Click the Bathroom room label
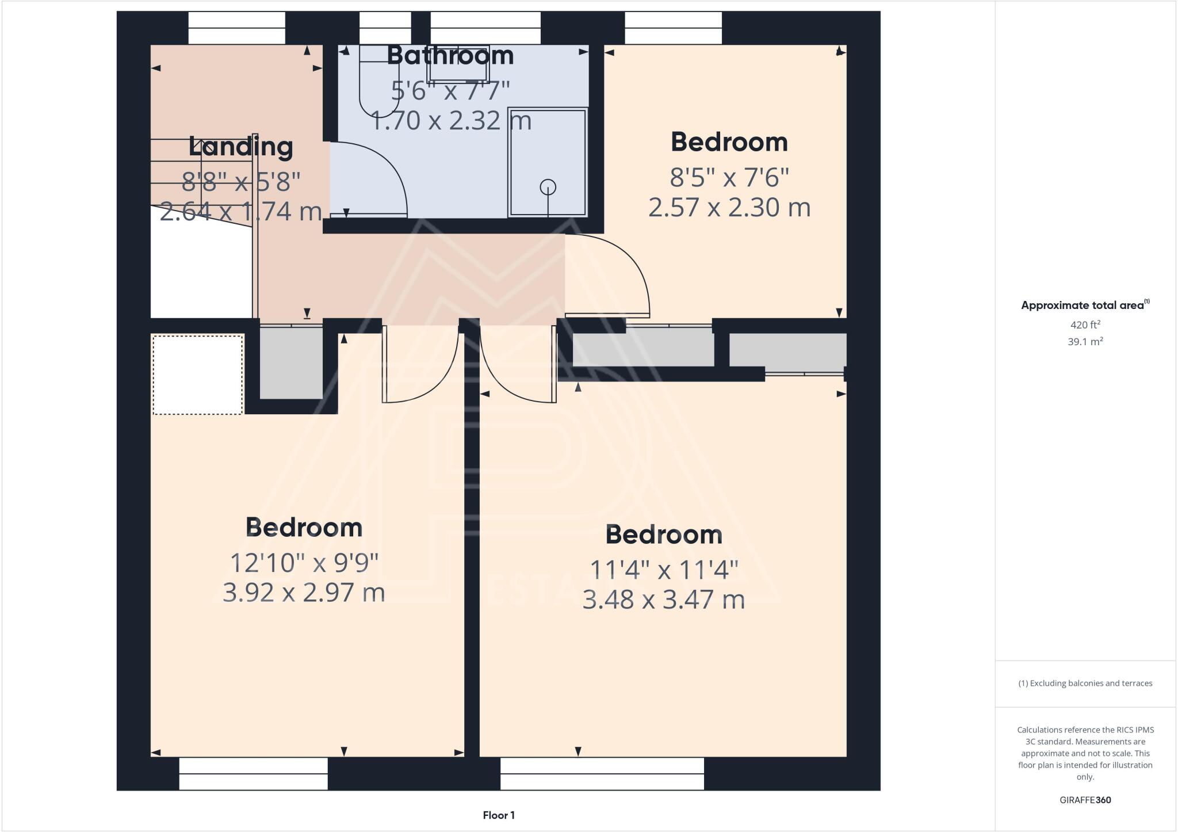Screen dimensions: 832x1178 click(450, 55)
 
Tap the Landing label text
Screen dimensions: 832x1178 click(240, 147)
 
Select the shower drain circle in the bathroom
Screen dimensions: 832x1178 click(548, 187)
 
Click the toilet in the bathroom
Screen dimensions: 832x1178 click(376, 81)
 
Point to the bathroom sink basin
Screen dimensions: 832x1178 click(458, 63)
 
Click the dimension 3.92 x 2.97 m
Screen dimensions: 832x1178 click(304, 593)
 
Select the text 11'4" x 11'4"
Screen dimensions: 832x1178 click(664, 570)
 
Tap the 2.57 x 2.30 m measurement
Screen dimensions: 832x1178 click(729, 207)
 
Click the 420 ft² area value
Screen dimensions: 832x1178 click(1085, 325)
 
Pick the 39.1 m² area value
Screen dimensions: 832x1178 click(1085, 341)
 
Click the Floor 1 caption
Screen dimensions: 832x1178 click(499, 815)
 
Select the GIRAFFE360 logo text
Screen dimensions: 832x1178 click(1085, 800)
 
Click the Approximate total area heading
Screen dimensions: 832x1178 click(1085, 306)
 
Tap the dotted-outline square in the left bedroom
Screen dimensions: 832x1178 click(197, 375)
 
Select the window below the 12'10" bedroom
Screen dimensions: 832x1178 click(253, 773)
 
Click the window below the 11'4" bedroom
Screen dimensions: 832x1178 click(602, 773)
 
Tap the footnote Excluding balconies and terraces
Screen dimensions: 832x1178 click(1085, 684)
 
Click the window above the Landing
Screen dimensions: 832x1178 click(236, 28)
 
